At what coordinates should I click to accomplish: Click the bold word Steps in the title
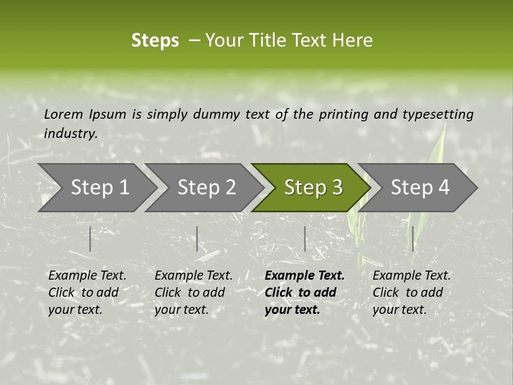(x=155, y=41)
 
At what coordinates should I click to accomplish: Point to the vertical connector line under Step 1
(x=90, y=238)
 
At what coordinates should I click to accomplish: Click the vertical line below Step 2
(x=197, y=238)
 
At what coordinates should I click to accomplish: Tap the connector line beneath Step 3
(x=305, y=238)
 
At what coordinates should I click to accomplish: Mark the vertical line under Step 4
(x=413, y=238)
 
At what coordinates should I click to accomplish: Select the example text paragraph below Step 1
(x=87, y=292)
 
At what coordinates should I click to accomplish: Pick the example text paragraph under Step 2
(x=193, y=292)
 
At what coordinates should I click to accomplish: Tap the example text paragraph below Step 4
(x=411, y=292)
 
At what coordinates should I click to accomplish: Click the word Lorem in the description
(x=63, y=114)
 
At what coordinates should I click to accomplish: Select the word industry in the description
(x=70, y=134)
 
